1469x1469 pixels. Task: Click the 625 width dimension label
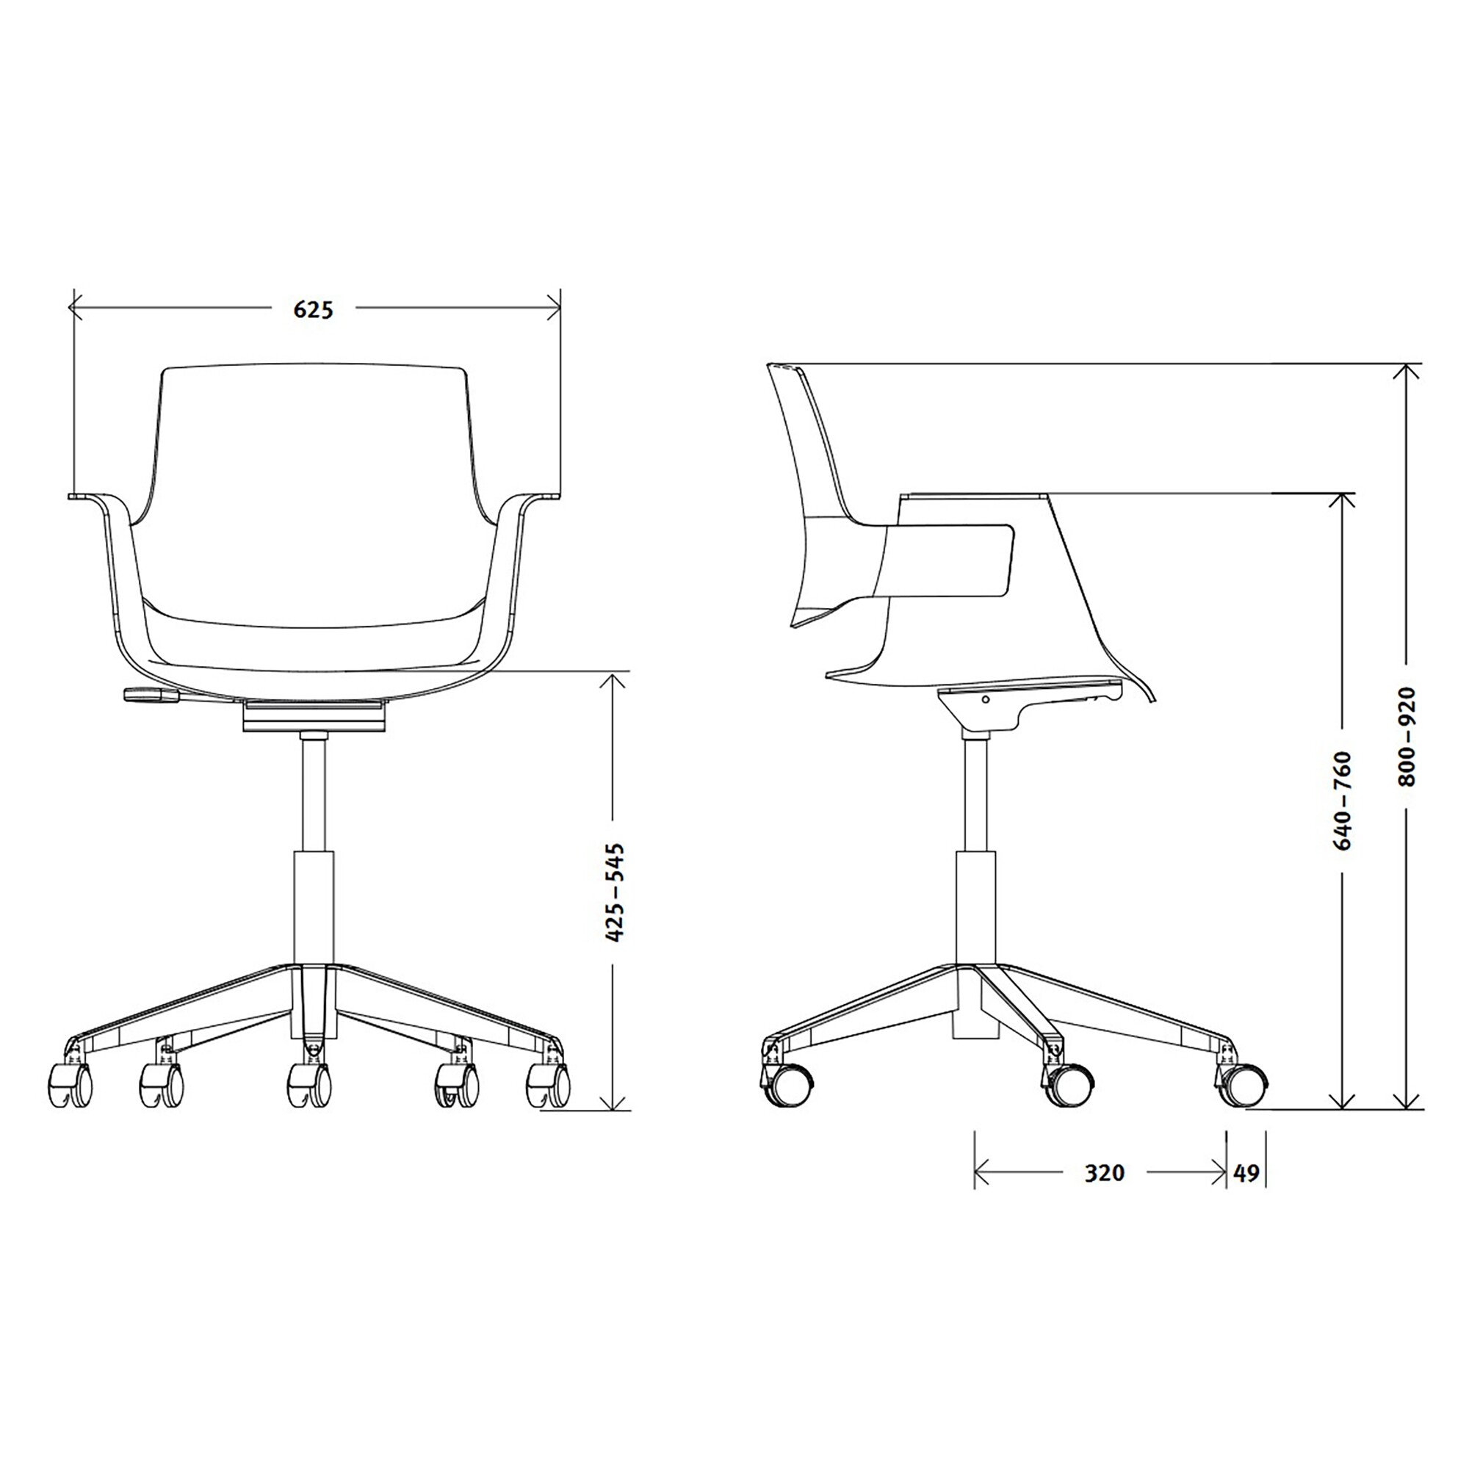click(x=314, y=309)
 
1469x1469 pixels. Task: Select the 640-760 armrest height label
click(x=1343, y=801)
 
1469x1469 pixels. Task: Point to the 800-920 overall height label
click(x=1408, y=736)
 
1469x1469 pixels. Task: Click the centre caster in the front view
click(x=308, y=1085)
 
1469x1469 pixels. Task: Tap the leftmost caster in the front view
click(x=71, y=1085)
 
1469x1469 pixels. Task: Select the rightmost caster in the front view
click(x=547, y=1085)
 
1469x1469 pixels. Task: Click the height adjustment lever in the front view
click(x=151, y=693)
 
